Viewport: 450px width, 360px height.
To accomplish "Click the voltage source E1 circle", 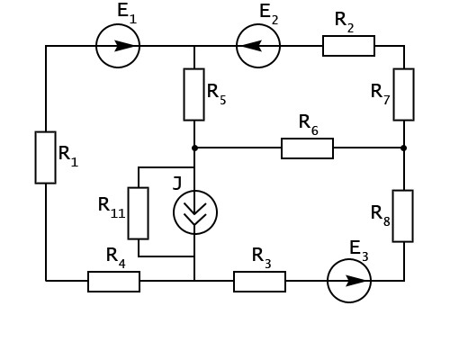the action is click(x=96, y=46).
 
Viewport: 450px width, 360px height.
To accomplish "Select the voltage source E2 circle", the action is click(x=236, y=46).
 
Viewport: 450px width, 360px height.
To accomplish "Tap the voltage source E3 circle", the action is click(x=327, y=281).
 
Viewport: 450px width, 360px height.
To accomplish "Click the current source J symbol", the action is click(x=174, y=212).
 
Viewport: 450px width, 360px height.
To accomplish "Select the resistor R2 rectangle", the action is click(x=348, y=36).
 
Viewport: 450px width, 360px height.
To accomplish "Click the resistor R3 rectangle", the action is click(x=259, y=272).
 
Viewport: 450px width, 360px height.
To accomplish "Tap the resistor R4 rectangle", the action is click(x=113, y=272).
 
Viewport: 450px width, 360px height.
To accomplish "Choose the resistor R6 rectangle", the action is click(x=307, y=139).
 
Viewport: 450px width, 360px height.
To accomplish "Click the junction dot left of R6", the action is click(x=194, y=148).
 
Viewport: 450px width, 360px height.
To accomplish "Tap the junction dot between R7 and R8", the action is click(x=404, y=148).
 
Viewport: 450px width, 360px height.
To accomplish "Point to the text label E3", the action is click(x=359, y=251).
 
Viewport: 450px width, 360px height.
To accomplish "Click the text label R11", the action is click(x=112, y=208).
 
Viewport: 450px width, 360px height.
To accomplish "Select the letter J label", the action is click(x=177, y=183).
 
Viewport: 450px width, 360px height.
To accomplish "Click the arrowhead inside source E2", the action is click(x=251, y=46).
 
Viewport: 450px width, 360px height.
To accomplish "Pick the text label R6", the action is click(x=309, y=125).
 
